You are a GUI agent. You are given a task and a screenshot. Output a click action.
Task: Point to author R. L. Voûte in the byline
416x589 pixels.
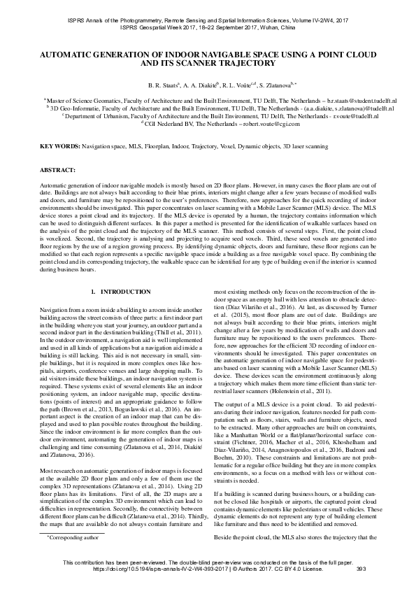(x=240, y=85)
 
